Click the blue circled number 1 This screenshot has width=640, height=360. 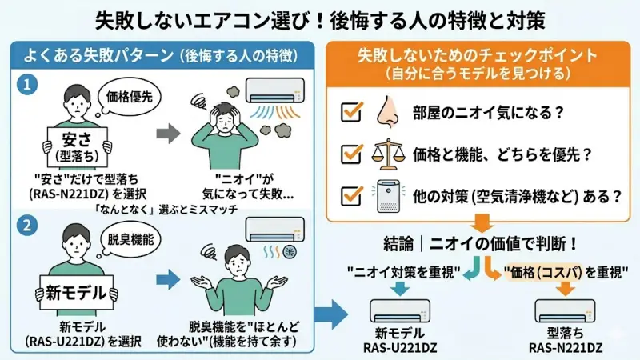pos(26,82)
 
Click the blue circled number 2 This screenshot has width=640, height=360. pos(26,226)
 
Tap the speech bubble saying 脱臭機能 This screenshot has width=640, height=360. pos(127,238)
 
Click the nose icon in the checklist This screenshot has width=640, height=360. pos(387,111)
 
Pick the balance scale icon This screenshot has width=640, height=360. pos(387,153)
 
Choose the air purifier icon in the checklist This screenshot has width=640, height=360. pos(388,195)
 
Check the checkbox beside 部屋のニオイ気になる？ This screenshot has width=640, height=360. pos(351,112)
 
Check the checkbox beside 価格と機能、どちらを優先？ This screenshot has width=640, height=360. pos(351,154)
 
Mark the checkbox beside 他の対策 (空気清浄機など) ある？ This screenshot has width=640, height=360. pos(351,195)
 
